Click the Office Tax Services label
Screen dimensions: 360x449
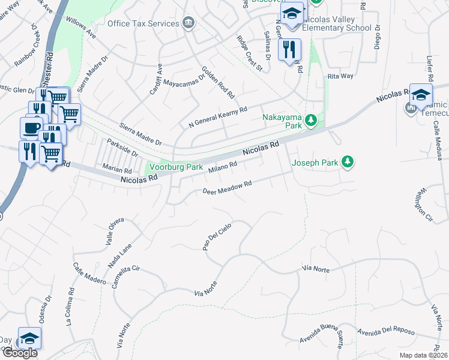tap(143, 23)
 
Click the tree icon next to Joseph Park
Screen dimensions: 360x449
tap(346, 162)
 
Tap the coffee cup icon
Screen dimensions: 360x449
tap(31, 128)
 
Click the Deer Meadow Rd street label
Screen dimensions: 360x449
tap(226, 188)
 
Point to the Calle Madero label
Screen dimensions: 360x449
tap(89, 274)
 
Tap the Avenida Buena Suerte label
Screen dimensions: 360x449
tap(321, 340)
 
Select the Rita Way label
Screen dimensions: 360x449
tap(340, 76)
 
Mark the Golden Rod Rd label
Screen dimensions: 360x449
tap(218, 82)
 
